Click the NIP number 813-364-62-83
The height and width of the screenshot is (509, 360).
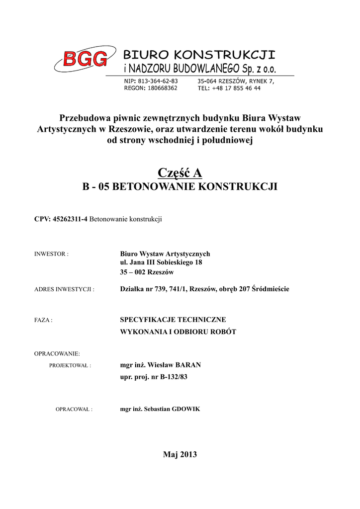[x=157, y=81]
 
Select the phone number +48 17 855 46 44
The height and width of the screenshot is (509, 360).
[x=236, y=88]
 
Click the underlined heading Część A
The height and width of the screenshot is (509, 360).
[x=180, y=172]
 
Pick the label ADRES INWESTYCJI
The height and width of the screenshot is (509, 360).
[x=64, y=289]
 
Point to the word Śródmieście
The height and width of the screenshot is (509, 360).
[x=270, y=289]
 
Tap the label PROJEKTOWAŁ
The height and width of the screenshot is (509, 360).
[x=70, y=365]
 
